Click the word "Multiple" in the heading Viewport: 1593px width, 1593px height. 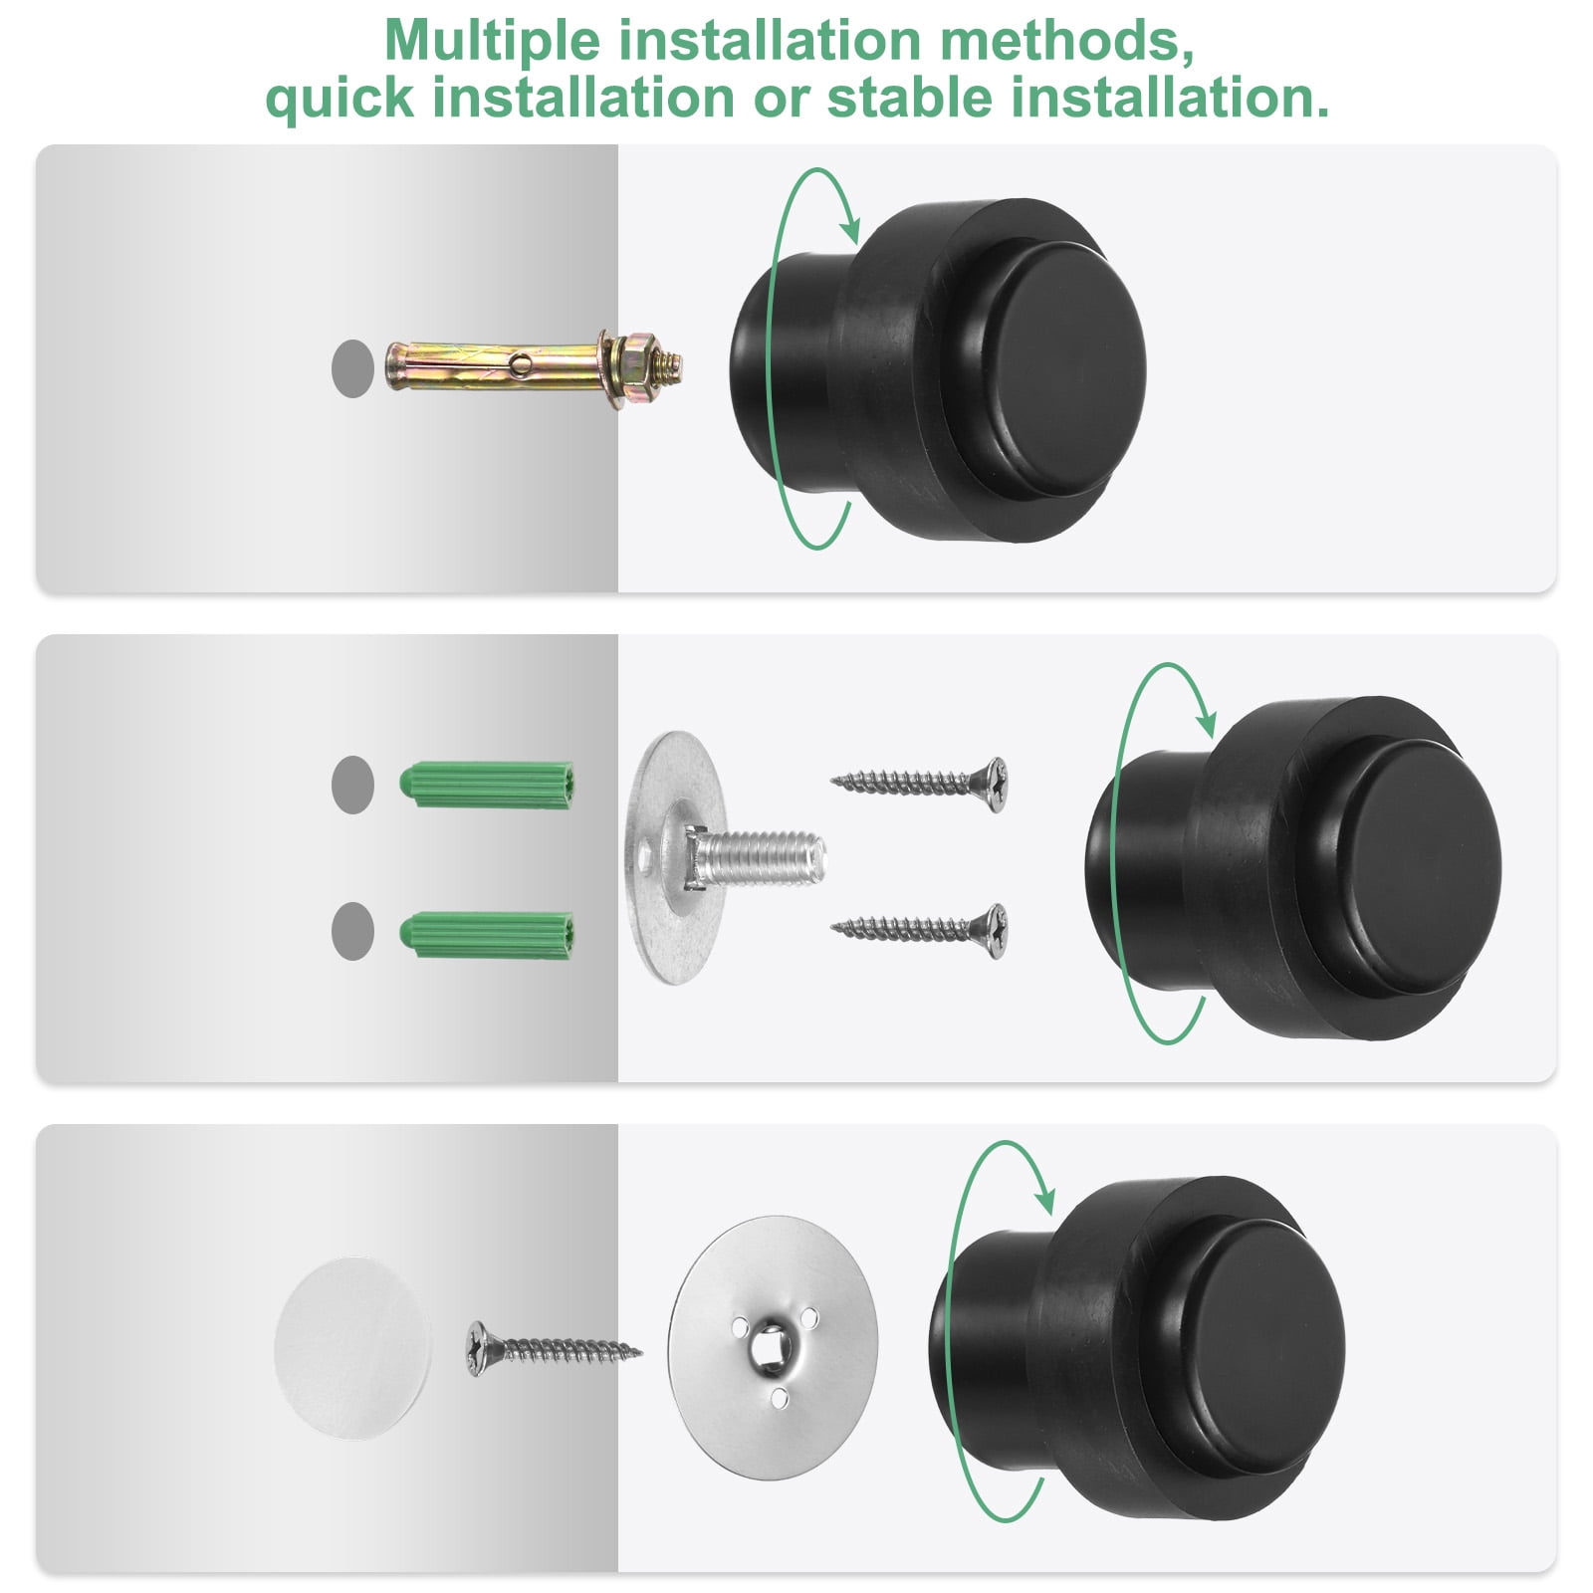coord(492,41)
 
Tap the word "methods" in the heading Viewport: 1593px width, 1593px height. coord(1065,41)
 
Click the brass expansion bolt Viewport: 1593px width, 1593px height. coord(534,367)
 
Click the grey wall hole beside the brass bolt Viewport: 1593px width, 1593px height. coord(352,368)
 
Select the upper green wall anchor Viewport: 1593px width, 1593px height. coord(486,786)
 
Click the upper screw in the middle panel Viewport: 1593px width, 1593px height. coord(919,783)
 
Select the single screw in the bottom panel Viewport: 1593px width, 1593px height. coord(554,1349)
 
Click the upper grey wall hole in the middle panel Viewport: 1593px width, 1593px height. coord(352,785)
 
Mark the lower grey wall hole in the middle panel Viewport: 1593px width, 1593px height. coord(352,931)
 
